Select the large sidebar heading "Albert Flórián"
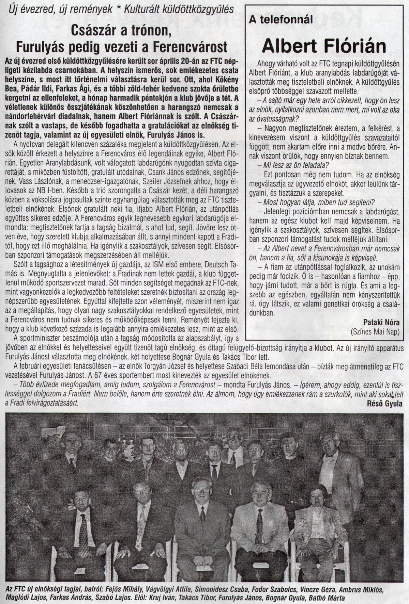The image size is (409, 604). pyautogui.click(x=323, y=46)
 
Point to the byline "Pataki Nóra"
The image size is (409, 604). pyautogui.click(x=382, y=322)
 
